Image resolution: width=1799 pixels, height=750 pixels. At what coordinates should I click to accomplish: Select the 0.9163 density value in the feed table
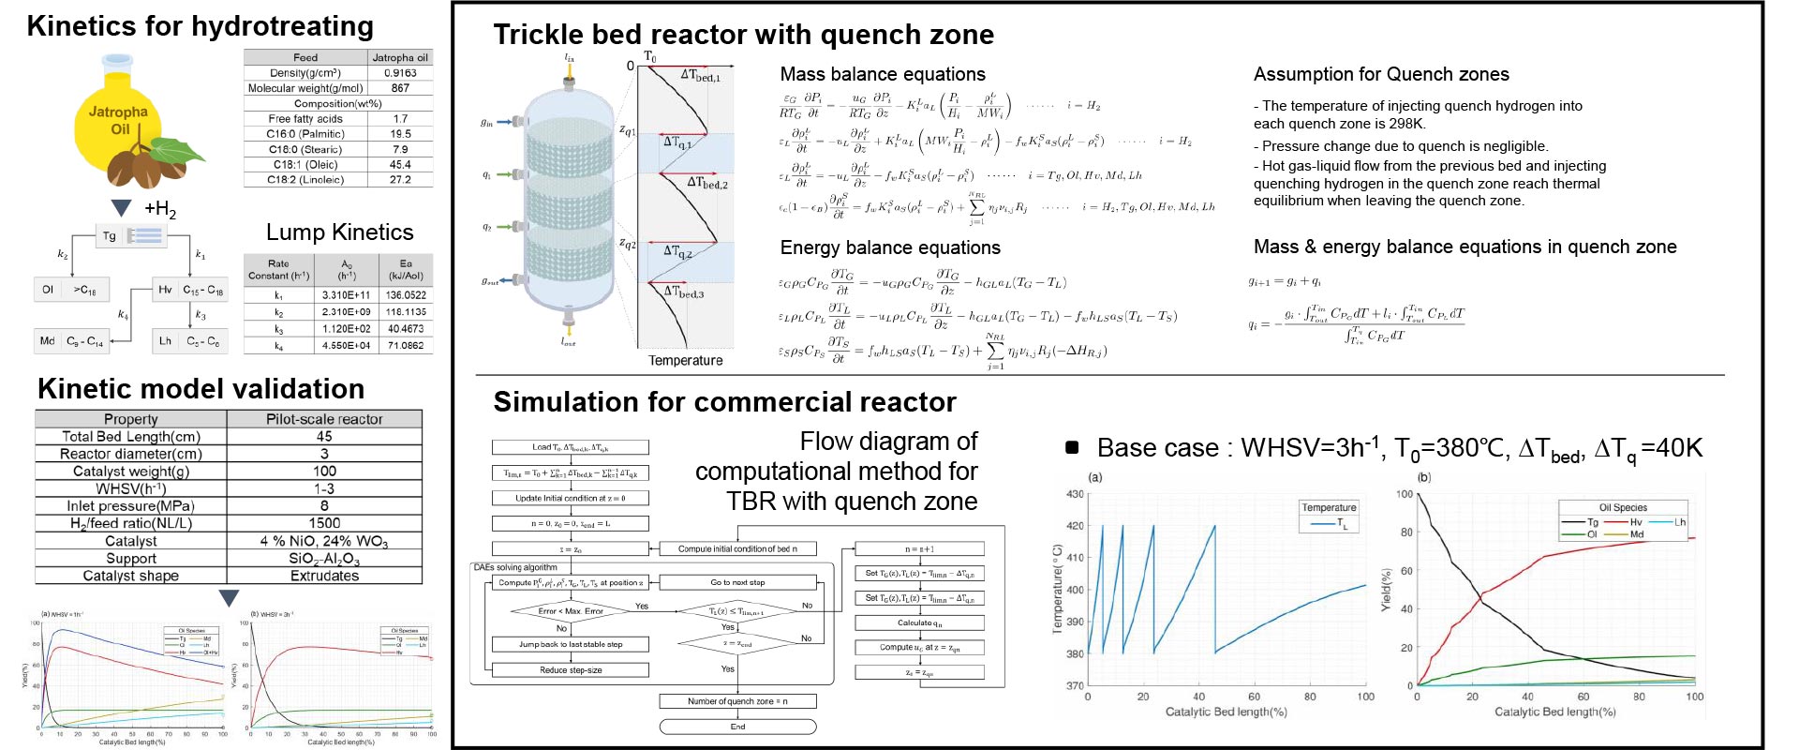400,73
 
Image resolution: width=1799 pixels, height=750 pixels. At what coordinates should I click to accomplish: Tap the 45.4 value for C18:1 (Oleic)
400,164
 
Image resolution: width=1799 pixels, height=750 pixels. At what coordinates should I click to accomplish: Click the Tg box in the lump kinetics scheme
111,236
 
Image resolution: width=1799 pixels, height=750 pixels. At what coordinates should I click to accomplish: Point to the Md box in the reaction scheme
48,341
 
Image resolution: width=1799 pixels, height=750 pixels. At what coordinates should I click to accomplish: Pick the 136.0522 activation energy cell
405,295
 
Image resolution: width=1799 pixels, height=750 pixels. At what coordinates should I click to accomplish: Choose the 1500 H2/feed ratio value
324,523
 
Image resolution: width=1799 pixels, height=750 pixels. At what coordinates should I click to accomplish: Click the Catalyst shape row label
131,576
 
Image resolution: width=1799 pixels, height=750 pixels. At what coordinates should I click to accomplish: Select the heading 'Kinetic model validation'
201,389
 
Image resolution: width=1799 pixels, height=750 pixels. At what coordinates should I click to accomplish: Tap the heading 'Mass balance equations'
883,74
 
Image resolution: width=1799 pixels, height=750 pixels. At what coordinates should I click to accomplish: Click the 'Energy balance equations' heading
890,247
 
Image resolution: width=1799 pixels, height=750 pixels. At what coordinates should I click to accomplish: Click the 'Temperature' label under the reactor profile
686,360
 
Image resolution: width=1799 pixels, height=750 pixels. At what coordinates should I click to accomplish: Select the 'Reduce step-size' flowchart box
571,670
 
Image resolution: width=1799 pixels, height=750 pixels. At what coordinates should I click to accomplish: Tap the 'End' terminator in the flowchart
737,727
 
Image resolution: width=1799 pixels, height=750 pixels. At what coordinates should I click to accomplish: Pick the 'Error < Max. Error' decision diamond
571,611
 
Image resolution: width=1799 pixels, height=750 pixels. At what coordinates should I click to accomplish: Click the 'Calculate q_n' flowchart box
919,622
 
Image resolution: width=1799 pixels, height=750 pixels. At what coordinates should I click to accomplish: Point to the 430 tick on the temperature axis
1075,494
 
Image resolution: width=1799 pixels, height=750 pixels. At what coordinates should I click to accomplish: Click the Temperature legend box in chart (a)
1329,515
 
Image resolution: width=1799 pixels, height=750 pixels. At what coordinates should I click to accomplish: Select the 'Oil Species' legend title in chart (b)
1623,507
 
